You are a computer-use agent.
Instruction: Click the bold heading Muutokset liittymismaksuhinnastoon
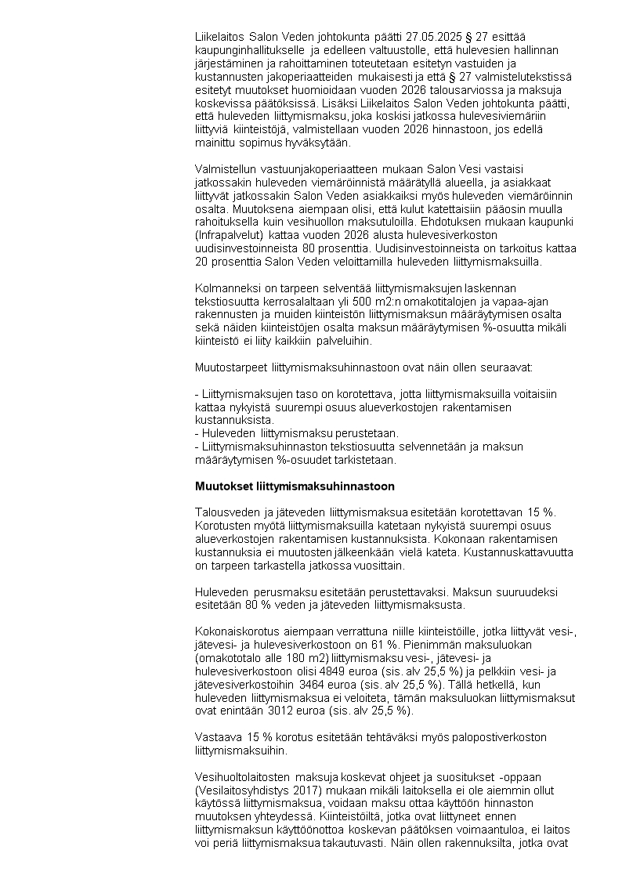295,487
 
